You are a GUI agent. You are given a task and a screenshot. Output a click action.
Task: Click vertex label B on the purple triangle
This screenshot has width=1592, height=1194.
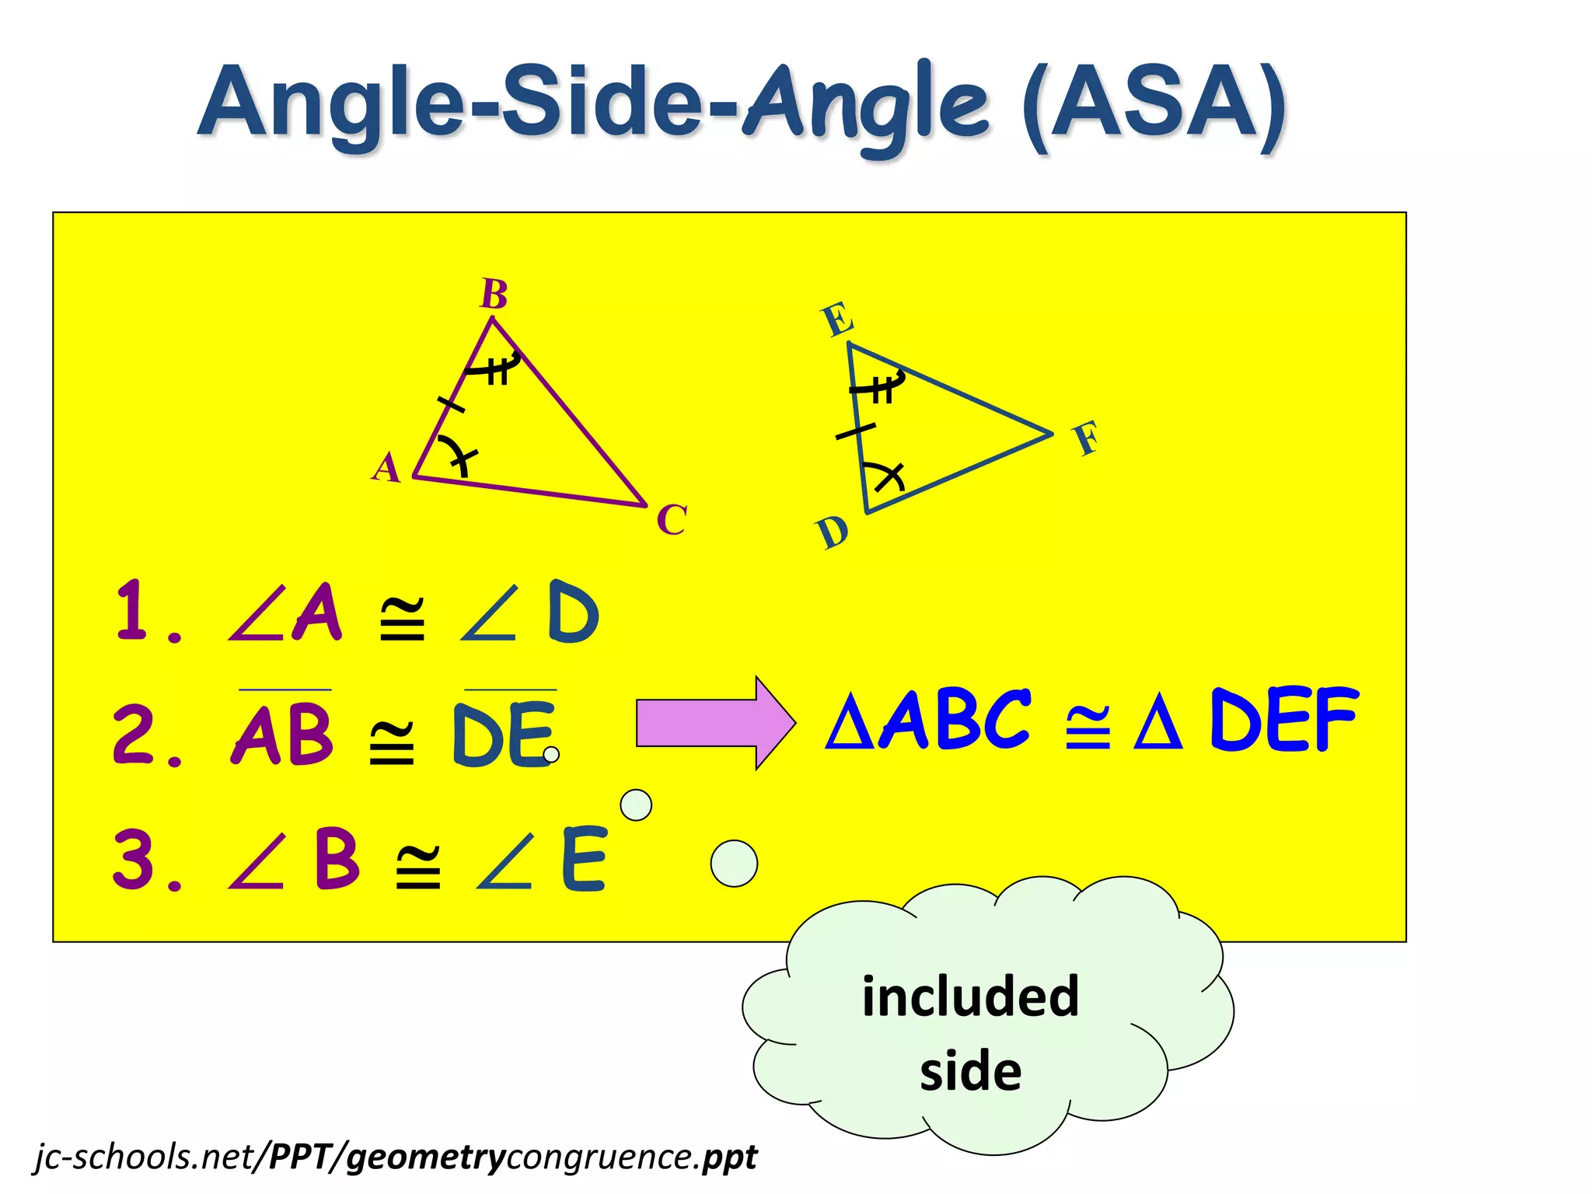pyautogui.click(x=494, y=295)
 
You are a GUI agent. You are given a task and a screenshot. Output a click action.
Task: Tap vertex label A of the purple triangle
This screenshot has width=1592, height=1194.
pyautogui.click(x=386, y=468)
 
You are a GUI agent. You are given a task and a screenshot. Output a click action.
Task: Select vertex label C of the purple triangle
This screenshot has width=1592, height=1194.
pyautogui.click(x=672, y=520)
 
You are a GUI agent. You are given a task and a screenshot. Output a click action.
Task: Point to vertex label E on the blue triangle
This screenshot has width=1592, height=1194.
pyautogui.click(x=838, y=319)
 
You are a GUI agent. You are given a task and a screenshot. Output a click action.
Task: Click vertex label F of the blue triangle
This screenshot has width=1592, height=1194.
pyautogui.click(x=1087, y=438)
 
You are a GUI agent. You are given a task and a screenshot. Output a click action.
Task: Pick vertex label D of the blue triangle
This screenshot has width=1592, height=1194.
pyautogui.click(x=833, y=533)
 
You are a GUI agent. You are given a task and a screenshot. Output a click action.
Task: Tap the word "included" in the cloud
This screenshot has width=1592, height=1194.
pyautogui.click(x=970, y=997)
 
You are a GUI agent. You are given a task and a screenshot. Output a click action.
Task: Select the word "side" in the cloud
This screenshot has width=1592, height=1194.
pyautogui.click(x=970, y=1071)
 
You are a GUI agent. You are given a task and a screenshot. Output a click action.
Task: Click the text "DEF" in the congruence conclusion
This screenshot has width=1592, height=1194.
pyautogui.click(x=1284, y=721)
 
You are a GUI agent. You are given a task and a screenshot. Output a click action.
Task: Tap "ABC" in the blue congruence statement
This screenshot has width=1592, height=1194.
pyautogui.click(x=955, y=721)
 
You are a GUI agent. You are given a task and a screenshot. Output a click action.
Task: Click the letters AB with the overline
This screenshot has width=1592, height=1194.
pyautogui.click(x=283, y=734)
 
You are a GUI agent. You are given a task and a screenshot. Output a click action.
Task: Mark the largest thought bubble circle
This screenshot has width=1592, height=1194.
pyautogui.click(x=734, y=864)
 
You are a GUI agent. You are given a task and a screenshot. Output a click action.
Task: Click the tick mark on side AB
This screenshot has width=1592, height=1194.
pyautogui.click(x=451, y=405)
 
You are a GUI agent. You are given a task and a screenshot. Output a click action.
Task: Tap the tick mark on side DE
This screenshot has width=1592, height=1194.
pyautogui.click(x=855, y=431)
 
